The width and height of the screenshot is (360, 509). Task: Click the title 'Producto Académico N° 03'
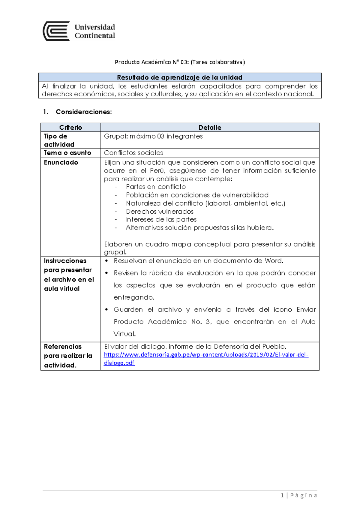click(152, 62)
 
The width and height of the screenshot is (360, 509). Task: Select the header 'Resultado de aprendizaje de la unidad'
click(179, 77)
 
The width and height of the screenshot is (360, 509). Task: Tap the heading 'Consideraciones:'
click(83, 112)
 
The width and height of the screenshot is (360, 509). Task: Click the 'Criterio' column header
click(70, 128)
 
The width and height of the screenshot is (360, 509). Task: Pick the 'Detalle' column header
click(210, 128)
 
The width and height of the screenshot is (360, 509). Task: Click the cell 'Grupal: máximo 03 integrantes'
click(153, 136)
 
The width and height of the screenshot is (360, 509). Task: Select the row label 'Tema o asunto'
click(67, 153)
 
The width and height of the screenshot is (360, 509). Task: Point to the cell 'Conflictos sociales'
click(133, 153)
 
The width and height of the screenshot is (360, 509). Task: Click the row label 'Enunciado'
click(61, 162)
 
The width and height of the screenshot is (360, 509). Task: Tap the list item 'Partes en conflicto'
click(155, 187)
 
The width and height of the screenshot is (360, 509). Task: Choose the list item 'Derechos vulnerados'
click(160, 211)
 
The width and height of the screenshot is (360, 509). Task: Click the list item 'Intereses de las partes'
click(161, 219)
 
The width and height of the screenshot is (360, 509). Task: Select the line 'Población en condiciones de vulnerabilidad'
click(197, 195)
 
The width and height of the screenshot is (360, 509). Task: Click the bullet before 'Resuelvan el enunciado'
click(106, 261)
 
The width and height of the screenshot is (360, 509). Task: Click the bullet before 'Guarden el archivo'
click(106, 309)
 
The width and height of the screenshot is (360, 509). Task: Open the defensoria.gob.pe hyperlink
click(206, 355)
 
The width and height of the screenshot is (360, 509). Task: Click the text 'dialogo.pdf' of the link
click(119, 363)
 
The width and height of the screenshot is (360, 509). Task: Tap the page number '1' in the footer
click(282, 495)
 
